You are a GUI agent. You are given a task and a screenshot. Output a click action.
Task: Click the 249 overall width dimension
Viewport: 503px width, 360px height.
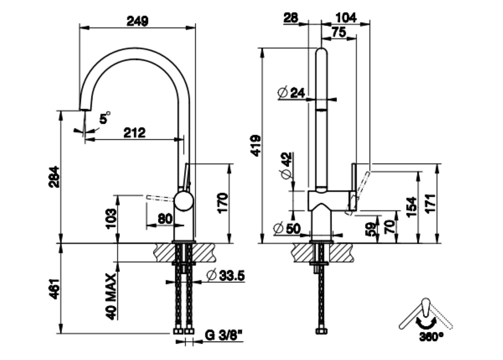tap(137, 21)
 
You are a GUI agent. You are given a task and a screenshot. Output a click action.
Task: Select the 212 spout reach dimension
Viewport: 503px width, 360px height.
tap(135, 132)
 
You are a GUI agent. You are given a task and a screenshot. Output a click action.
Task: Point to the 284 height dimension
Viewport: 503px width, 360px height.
tap(54, 176)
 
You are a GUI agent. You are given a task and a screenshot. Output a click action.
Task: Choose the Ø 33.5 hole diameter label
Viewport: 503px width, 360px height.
tap(225, 276)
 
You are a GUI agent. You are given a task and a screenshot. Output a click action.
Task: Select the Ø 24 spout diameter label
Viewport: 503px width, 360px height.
tap(291, 92)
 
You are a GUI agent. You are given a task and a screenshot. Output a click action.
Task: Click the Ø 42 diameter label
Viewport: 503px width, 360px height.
tap(287, 166)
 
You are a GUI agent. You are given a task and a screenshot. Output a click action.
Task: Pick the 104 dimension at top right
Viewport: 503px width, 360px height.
tap(346, 18)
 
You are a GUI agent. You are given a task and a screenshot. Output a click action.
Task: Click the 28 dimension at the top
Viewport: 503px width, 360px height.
tap(291, 18)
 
